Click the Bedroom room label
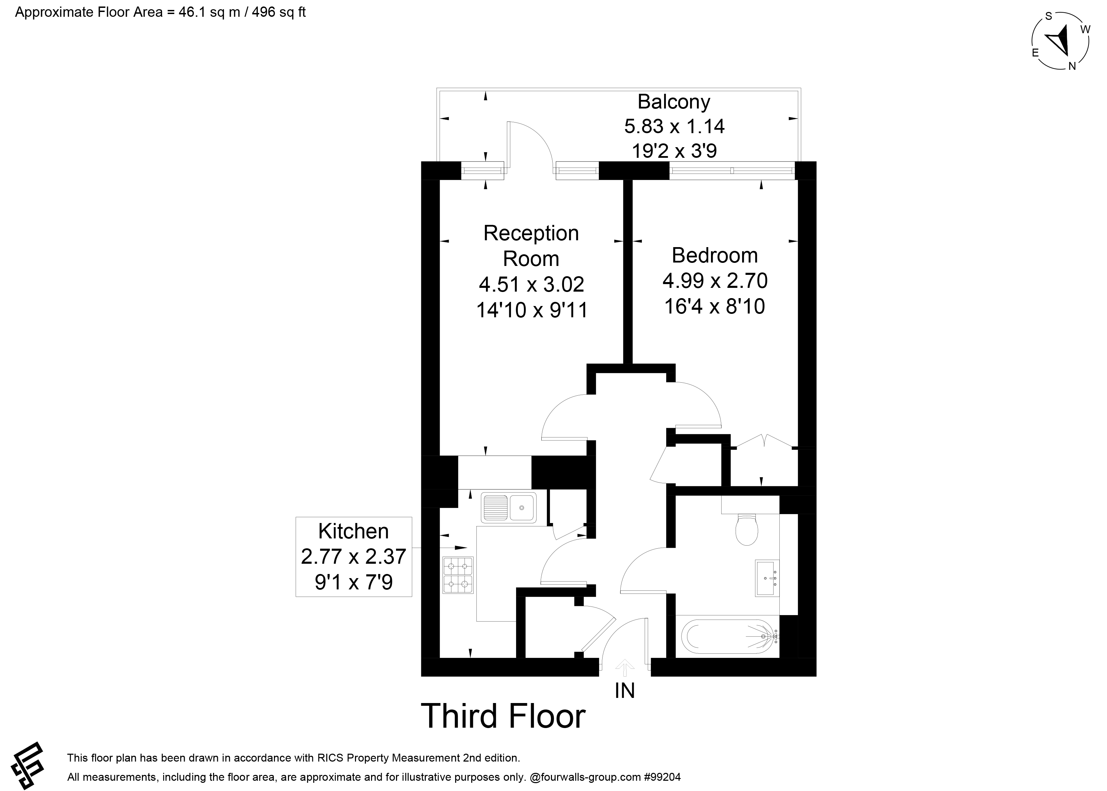click(x=714, y=255)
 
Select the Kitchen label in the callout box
click(x=353, y=531)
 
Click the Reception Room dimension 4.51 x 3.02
click(x=531, y=284)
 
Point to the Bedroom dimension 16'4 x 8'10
click(x=714, y=306)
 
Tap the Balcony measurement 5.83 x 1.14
click(x=674, y=127)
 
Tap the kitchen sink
click(x=509, y=508)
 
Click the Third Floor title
click(x=503, y=716)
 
